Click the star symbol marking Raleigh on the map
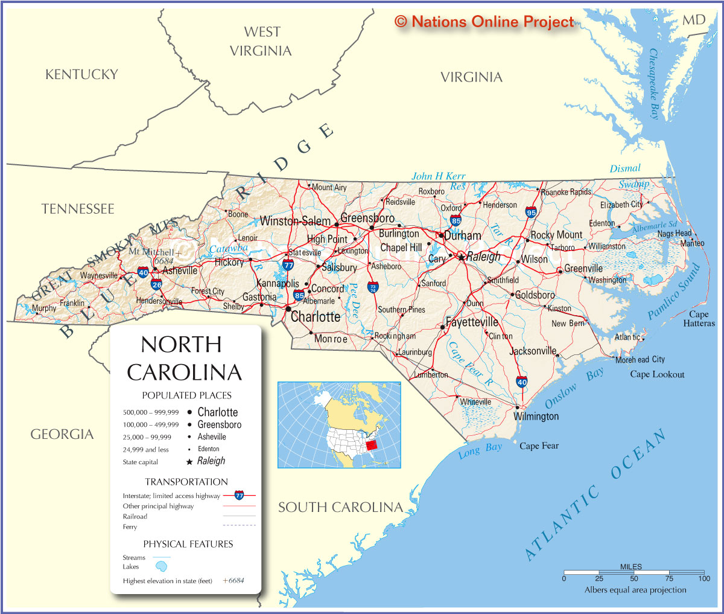coord(462,257)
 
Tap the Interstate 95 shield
coord(531,212)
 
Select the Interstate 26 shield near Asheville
coord(157,284)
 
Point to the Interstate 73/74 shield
coord(373,287)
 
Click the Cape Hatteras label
coord(699,319)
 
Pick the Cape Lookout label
coord(657,374)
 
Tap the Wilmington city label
coord(536,417)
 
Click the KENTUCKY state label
coord(81,74)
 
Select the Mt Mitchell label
coord(151,252)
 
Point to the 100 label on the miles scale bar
coord(704,578)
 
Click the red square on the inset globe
coord(372,445)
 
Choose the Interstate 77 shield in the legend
coord(239,496)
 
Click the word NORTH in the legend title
coord(181,345)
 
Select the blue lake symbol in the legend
coord(161,566)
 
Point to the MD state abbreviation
coord(694,20)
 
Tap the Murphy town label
coord(44,309)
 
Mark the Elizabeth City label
coord(621,205)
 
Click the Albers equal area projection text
coord(635,590)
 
